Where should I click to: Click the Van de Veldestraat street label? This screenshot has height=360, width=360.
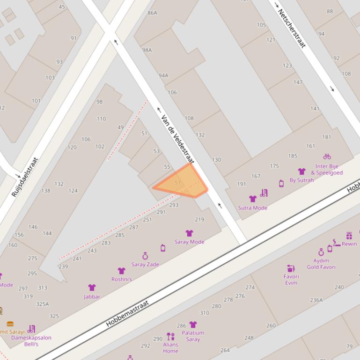177,139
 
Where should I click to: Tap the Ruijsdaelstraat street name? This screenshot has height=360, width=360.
25,177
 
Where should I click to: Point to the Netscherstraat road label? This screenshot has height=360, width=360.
292,28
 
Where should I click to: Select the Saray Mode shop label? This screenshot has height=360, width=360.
189,242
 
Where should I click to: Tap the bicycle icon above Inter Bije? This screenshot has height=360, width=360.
327,157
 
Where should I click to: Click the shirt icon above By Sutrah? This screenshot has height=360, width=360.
301,172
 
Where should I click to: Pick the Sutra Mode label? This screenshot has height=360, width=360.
252,208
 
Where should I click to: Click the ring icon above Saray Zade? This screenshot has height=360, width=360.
145,256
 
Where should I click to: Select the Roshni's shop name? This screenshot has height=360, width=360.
121,279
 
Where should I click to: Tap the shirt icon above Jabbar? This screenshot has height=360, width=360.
92,288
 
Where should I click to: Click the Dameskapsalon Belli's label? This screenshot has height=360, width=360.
31,340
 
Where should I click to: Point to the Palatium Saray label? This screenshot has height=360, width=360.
193,336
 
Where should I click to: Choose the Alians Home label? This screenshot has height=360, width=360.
170,348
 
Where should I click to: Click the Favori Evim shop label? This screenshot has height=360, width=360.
291,279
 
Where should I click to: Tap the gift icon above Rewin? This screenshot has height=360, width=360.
349,236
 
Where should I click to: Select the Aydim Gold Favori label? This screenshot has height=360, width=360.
321,264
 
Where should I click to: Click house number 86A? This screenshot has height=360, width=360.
152,13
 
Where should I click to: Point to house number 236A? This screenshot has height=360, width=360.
316,300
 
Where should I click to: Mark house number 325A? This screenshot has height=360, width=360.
43,304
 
